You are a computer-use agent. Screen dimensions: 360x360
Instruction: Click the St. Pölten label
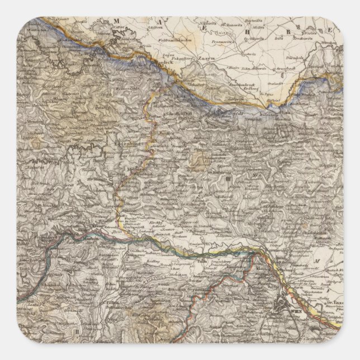tap(112, 301)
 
